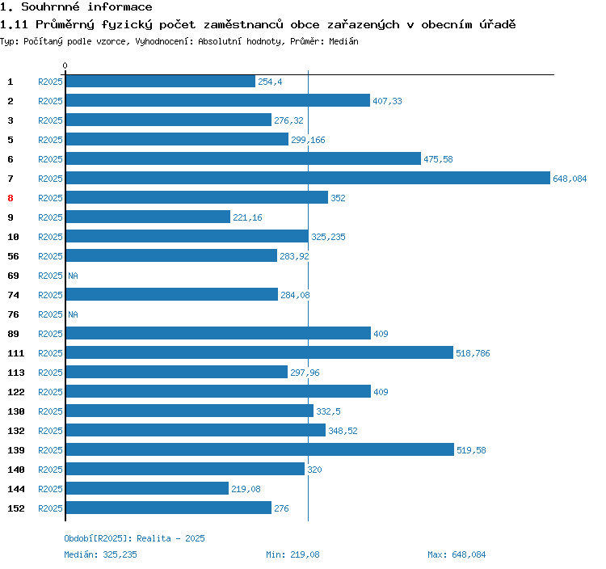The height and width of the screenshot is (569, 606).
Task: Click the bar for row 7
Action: click(307, 179)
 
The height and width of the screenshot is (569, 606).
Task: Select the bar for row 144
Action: click(147, 489)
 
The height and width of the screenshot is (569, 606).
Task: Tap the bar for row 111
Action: click(259, 353)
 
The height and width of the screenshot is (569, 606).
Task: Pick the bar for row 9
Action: click(148, 217)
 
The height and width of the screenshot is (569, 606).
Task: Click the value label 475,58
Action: click(438, 159)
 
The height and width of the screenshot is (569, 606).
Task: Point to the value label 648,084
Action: click(570, 179)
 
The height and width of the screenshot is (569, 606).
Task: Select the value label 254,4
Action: click(270, 82)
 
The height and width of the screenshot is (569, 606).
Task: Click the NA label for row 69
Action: click(73, 276)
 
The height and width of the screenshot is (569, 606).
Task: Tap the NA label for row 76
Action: click(73, 314)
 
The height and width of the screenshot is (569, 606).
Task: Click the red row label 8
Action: click(11, 198)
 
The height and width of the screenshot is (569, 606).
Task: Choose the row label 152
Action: click(16, 508)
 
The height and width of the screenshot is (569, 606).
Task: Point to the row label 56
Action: click(13, 256)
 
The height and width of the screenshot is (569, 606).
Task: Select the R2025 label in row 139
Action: click(50, 450)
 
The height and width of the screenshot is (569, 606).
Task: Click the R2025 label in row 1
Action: click(50, 82)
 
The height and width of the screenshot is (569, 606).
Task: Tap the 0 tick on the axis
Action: click(65, 65)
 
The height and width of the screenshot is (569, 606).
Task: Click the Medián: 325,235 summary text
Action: click(100, 554)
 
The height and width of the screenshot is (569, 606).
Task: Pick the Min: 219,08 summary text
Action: click(292, 554)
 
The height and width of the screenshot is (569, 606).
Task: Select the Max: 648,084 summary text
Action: click(457, 554)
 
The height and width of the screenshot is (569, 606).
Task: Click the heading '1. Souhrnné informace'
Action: click(76, 7)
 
